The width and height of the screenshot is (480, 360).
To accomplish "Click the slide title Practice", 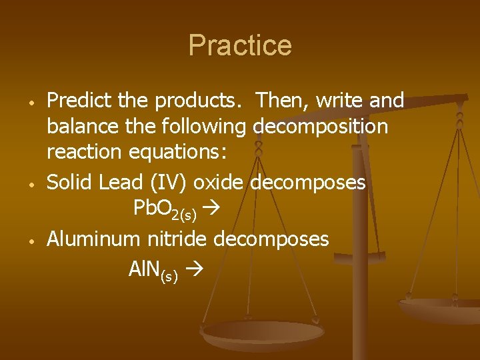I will click(240, 45).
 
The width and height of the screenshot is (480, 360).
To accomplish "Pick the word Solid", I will click(69, 181).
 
